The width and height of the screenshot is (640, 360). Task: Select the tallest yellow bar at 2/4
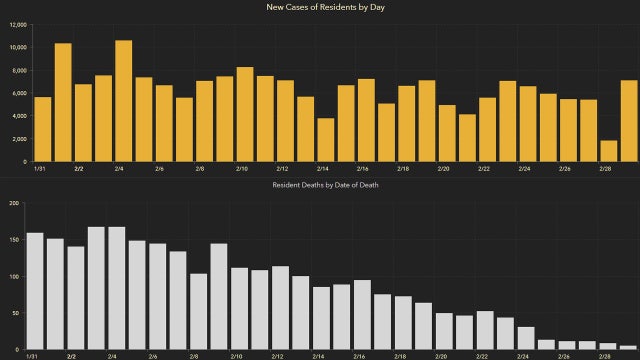click(124, 101)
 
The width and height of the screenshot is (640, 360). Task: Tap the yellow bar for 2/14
click(326, 140)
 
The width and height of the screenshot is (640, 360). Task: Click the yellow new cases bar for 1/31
click(42, 129)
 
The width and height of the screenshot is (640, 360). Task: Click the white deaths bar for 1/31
click(35, 291)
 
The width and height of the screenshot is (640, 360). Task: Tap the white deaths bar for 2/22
click(485, 330)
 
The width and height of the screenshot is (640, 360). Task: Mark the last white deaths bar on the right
click(627, 347)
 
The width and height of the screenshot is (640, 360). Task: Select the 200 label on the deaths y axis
click(14, 204)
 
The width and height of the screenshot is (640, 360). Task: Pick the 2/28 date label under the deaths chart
click(605, 356)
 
